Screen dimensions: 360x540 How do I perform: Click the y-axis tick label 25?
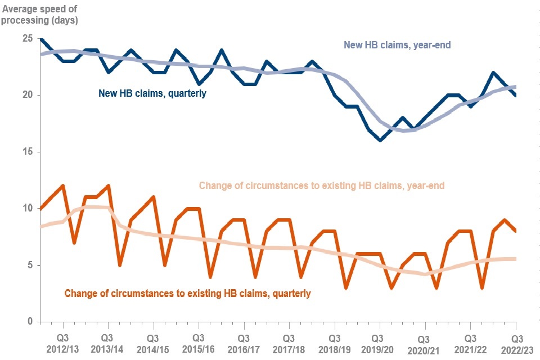26,38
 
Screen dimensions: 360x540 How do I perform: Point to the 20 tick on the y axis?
26,95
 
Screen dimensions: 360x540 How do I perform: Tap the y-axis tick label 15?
26,152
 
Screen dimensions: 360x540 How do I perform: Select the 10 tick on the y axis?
26,208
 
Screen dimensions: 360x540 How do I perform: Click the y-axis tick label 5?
29,265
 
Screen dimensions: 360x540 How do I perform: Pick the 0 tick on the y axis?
29,322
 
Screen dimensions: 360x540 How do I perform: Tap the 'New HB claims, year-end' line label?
397,45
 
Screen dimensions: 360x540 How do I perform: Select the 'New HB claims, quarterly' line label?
152,93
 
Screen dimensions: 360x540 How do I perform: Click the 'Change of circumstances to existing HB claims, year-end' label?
322,186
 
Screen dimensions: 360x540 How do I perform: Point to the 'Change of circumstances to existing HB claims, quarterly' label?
187,293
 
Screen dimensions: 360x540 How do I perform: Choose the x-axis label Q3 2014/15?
152,344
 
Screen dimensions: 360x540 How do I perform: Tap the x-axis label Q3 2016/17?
244,344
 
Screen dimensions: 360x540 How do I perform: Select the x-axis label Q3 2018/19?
334,344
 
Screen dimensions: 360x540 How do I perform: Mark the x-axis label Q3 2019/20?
380,344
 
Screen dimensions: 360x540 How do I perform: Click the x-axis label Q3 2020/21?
425,344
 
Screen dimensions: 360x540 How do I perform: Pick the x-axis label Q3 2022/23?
516,344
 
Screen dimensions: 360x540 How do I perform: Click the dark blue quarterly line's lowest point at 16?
380,140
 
